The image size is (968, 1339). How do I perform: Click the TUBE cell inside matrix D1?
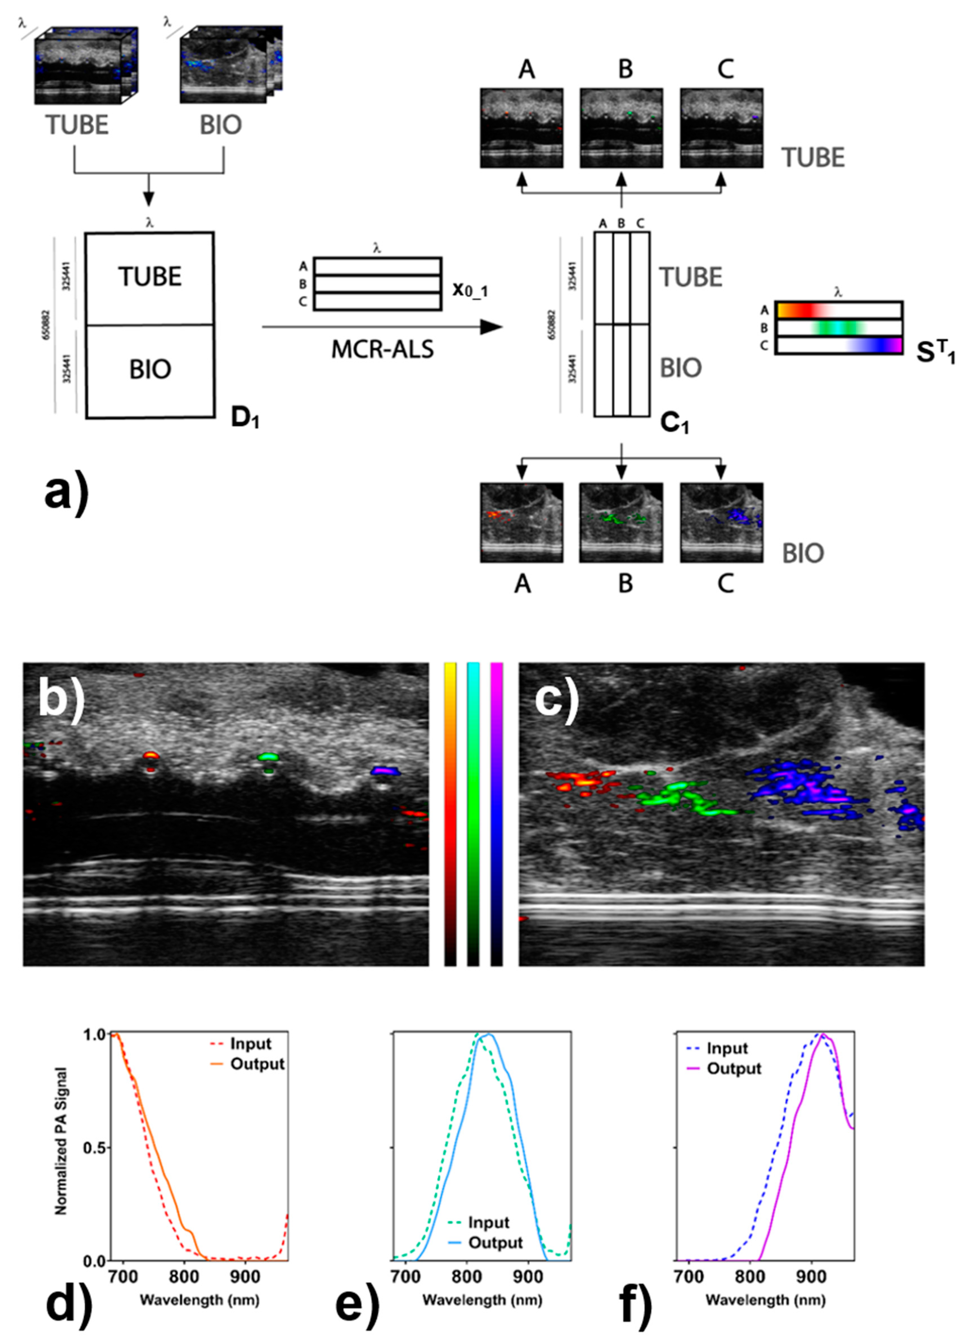150,277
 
